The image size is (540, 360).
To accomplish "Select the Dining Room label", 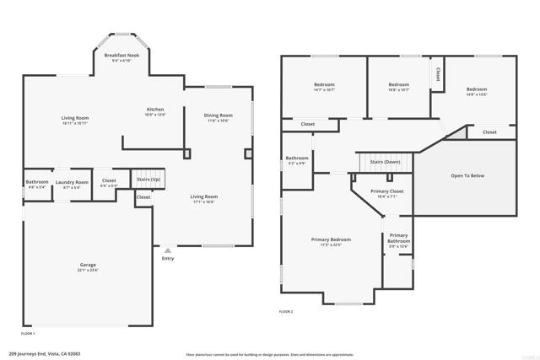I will click(217, 117).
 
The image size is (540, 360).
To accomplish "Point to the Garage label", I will click(89, 267).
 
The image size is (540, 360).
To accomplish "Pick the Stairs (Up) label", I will click(148, 179).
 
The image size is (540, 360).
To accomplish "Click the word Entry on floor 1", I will click(168, 259).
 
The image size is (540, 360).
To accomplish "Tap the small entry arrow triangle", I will click(168, 250).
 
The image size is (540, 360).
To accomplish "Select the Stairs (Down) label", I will click(386, 162).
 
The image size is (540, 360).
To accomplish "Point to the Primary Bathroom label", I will click(398, 239).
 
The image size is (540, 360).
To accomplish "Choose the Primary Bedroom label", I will click(331, 241).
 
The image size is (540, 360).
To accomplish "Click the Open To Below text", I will click(467, 175).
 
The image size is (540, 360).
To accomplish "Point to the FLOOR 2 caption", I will click(286, 312).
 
